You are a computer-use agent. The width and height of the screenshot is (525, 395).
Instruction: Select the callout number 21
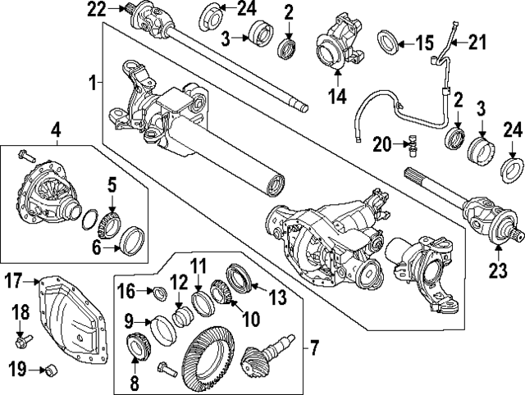[x=477, y=40]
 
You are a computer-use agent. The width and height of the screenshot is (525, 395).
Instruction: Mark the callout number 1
[x=94, y=82]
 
